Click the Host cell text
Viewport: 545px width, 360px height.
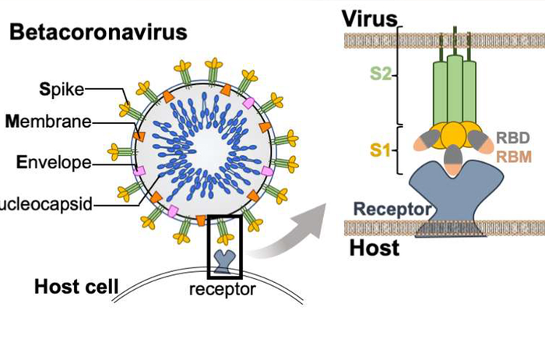(x=76, y=286)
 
